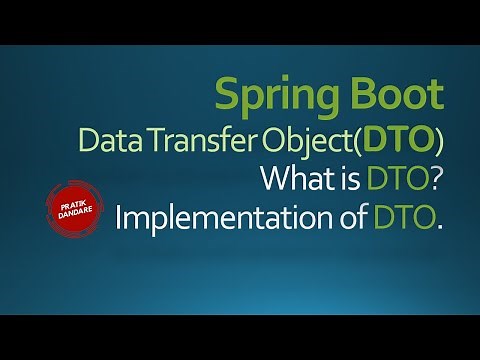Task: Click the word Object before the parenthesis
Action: point(342,142)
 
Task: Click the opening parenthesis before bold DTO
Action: point(381,142)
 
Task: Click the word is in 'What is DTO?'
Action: point(347,179)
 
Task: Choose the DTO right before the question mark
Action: point(394,179)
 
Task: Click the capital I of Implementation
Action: point(119,217)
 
